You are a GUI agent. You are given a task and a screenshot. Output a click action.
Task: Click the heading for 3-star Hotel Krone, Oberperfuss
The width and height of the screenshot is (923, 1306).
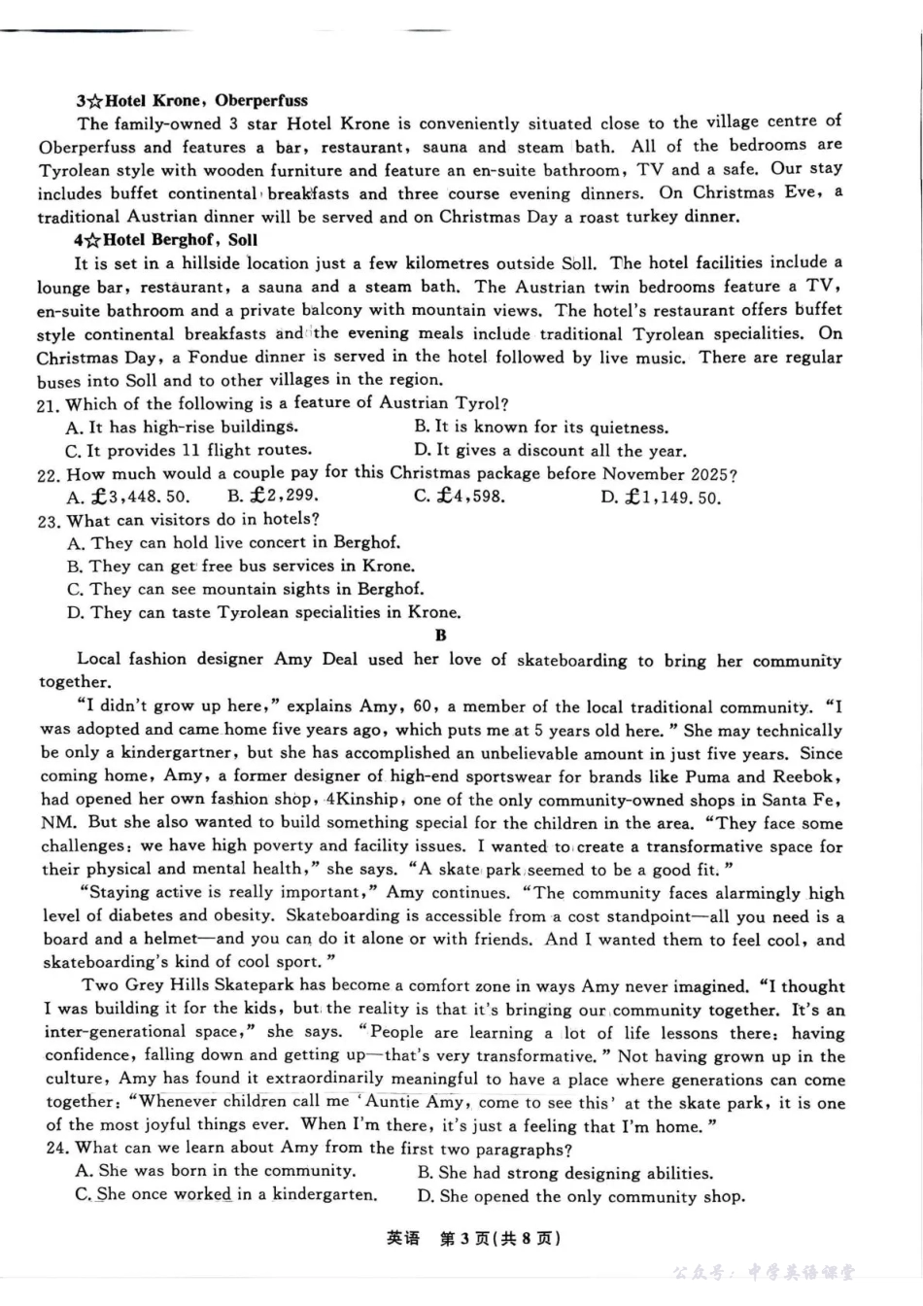[191, 100]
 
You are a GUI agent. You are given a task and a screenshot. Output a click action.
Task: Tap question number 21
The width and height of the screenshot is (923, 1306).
[49, 404]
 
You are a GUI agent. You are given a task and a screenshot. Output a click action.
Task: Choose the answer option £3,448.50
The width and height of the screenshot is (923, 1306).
[128, 497]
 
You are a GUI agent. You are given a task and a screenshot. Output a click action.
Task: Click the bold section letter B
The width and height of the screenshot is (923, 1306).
[441, 636]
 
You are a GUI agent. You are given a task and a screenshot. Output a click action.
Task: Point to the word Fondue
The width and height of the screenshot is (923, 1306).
[220, 358]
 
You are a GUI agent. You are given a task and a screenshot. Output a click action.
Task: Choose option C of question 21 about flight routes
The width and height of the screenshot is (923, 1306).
[188, 451]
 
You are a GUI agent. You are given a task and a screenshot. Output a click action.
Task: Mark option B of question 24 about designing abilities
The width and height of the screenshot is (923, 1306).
[564, 1173]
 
